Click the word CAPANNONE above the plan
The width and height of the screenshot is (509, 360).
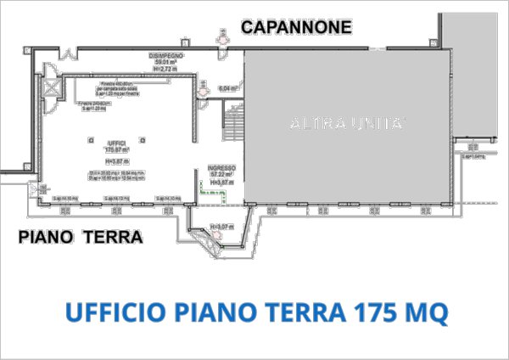click(x=296, y=28)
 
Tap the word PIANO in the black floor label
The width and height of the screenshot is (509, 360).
click(x=48, y=237)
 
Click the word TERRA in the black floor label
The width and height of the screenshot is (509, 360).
click(x=113, y=237)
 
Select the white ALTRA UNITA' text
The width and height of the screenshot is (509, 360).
click(x=347, y=124)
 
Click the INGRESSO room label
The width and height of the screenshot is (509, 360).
click(x=221, y=168)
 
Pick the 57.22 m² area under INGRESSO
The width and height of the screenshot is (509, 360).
click(x=221, y=175)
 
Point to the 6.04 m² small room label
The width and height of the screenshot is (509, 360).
click(x=227, y=88)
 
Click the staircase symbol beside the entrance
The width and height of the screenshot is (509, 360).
click(x=232, y=127)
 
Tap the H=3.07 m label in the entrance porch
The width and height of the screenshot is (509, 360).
click(x=221, y=226)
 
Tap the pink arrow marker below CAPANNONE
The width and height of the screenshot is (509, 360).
click(x=221, y=37)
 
